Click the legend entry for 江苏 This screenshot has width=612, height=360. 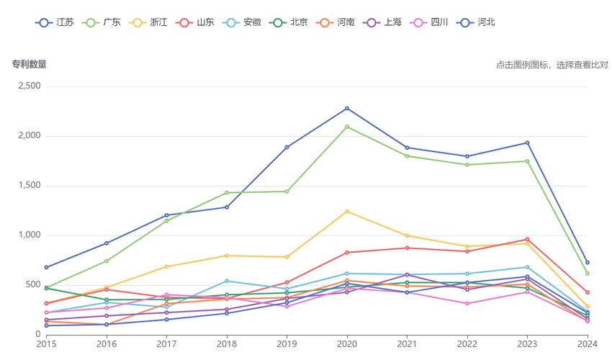tap(54, 22)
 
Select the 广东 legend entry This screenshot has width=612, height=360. tap(102, 22)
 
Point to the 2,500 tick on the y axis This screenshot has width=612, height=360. tap(29, 86)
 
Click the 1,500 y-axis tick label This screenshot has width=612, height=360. tap(29, 186)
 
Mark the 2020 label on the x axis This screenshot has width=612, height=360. tap(347, 344)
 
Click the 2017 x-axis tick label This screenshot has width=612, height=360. tap(166, 344)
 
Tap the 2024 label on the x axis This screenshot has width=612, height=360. tap(588, 344)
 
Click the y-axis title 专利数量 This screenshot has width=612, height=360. tap(29, 64)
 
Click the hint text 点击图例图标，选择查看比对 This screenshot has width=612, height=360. tap(552, 65)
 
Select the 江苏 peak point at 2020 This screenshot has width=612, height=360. tap(347, 109)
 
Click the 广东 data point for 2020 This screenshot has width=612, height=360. tap(347, 127)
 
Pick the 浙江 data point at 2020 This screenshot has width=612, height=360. tap(347, 212)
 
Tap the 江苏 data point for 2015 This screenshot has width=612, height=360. tap(46, 267)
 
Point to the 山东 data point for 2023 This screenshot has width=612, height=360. tap(527, 239)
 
